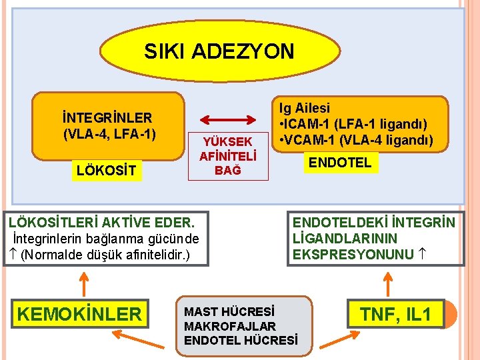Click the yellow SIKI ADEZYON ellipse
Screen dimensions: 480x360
[219, 51]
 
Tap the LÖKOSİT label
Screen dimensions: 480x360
[106, 171]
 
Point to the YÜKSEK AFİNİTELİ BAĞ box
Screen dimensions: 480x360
[229, 155]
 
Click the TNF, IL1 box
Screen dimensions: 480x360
[396, 313]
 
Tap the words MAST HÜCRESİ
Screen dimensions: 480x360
[229, 312]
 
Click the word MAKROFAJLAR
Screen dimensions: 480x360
[229, 326]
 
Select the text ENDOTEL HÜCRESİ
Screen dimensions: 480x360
[241, 341]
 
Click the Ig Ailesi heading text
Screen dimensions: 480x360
[305, 108]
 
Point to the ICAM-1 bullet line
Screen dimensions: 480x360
[354, 124]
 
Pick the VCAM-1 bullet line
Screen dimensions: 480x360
[357, 139]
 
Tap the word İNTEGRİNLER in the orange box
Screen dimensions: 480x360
[107, 117]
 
